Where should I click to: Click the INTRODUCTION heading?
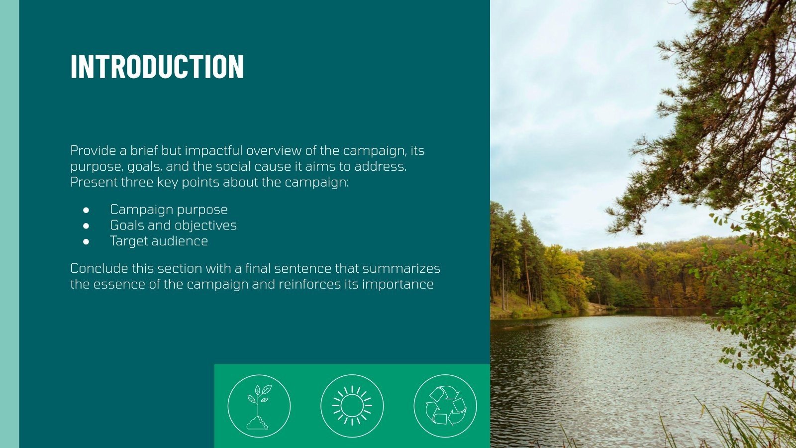coord(157,66)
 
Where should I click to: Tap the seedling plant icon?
coord(259,406)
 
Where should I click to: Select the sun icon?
coord(352,406)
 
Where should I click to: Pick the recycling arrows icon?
coord(445,406)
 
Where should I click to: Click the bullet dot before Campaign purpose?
coord(86,210)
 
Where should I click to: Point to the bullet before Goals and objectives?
coord(86,226)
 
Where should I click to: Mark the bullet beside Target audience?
coord(86,241)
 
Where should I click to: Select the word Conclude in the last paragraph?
coord(99,268)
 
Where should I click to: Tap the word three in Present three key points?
coord(137,182)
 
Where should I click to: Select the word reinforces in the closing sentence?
coord(311,284)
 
